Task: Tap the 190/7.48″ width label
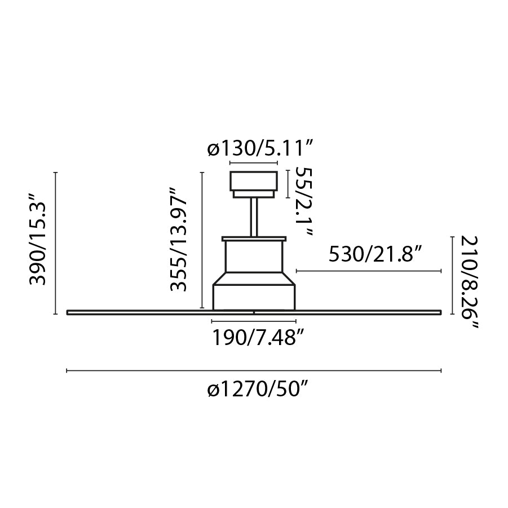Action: pos(254,339)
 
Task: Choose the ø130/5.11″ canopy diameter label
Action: pos(259,149)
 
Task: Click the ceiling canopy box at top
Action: pos(253,181)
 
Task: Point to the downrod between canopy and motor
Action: pos(254,217)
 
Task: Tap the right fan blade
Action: pos(366,312)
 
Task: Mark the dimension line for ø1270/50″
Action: pos(254,370)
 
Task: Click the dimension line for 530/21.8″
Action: pos(369,271)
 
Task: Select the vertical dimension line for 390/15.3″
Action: pos(55,242)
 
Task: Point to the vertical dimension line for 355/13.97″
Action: pos(202,240)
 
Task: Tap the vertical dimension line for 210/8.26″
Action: pos(452,275)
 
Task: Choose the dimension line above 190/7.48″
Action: pos(254,321)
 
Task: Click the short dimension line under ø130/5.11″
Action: pos(254,163)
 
